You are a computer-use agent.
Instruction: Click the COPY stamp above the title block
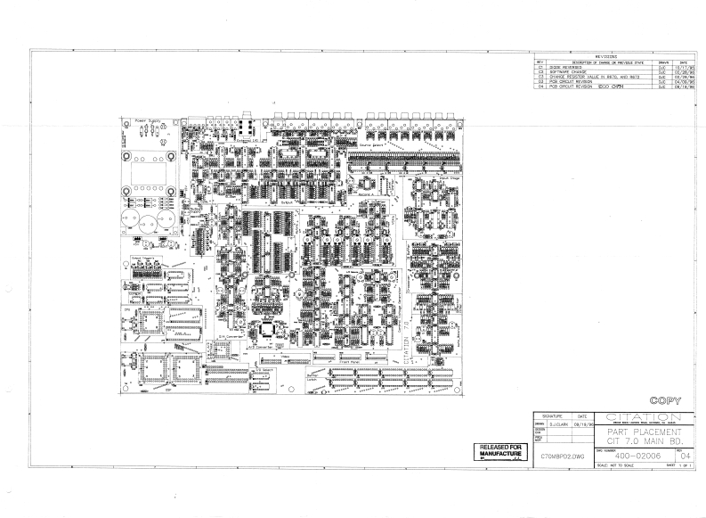(x=666, y=401)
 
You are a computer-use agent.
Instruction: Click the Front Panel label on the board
(x=349, y=363)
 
